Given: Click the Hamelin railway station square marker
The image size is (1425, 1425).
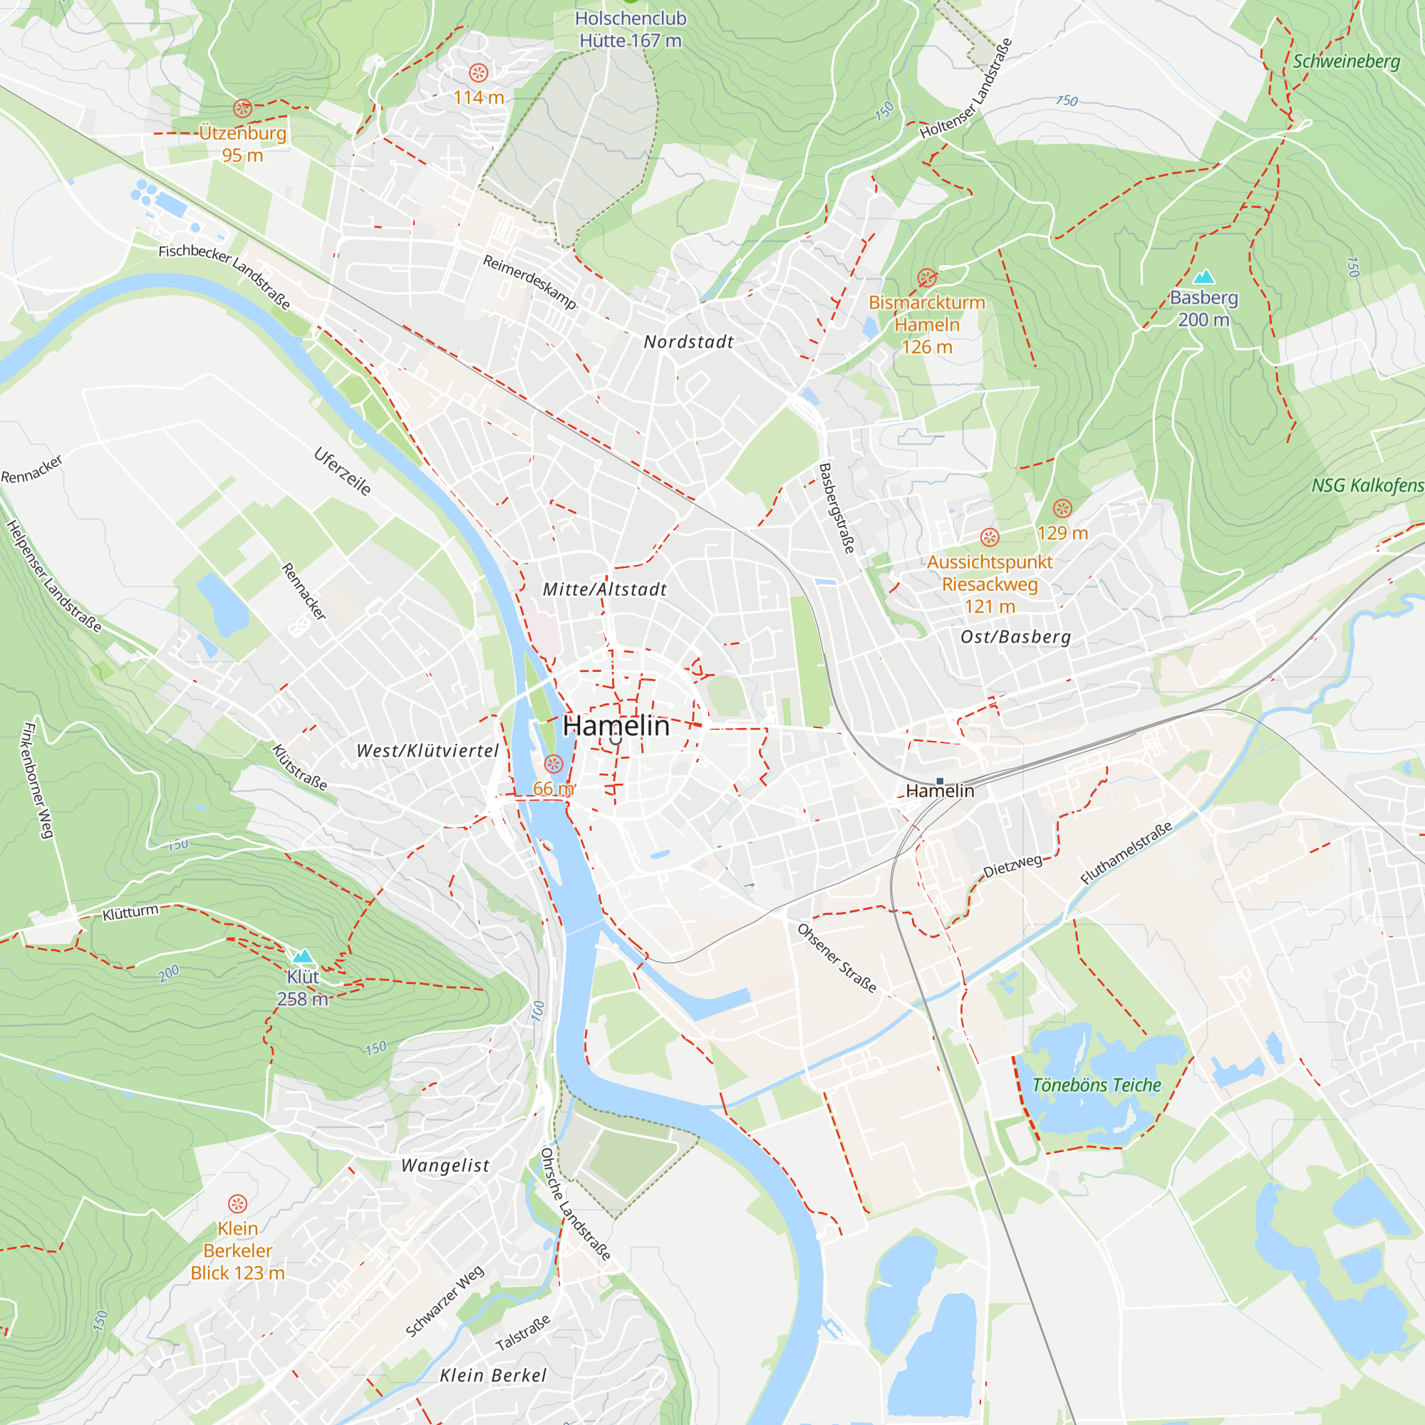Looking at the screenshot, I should (x=940, y=780).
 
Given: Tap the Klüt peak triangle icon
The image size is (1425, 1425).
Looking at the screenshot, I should (x=303, y=957).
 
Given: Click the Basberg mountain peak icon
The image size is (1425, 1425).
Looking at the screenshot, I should (x=1203, y=276).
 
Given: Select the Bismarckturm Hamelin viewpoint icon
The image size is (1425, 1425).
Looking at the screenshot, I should (x=927, y=278).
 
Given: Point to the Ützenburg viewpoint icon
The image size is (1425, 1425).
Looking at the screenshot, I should (x=243, y=108).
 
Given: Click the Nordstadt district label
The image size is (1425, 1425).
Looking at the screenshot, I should (x=688, y=341).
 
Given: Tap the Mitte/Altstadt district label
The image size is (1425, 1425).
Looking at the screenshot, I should (x=605, y=589).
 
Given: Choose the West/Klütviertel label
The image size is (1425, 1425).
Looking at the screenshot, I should (x=427, y=751).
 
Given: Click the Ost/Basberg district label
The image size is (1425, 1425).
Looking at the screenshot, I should (x=1015, y=636).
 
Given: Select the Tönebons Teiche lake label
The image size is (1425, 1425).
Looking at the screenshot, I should (x=1096, y=1085).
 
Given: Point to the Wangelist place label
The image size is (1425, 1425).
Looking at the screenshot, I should (x=445, y=1166).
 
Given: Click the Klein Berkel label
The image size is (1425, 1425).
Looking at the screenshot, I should (x=493, y=1376).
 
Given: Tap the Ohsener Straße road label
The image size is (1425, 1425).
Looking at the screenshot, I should (x=837, y=958).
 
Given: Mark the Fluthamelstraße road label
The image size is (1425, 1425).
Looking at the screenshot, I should (x=1126, y=854).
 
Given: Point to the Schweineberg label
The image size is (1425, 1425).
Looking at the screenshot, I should (x=1346, y=61).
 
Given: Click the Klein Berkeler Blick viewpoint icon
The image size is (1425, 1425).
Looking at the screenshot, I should (x=237, y=1203).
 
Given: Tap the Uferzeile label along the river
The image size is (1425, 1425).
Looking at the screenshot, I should (x=343, y=471).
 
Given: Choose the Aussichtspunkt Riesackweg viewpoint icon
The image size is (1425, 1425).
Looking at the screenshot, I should (x=990, y=537).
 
